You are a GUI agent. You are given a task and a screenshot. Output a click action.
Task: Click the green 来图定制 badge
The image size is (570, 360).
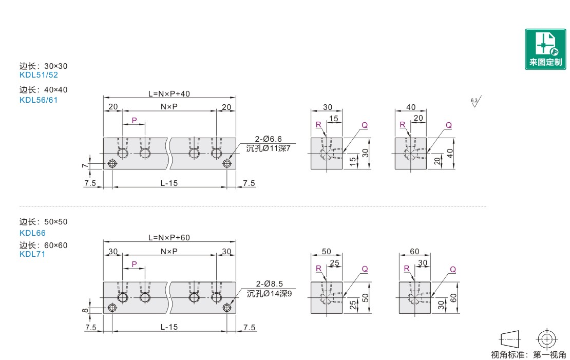tap(545, 49)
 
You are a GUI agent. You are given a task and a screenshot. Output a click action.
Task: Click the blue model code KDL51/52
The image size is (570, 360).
tap(39, 75)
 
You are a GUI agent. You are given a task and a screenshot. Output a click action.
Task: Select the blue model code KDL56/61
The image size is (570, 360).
tap(39, 100)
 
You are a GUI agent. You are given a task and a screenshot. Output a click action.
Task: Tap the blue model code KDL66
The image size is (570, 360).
tap(32, 233)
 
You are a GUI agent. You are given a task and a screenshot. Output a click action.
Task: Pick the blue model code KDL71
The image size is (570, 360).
tap(32, 254)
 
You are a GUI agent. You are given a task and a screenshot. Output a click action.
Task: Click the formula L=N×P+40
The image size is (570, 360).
tap(169, 94)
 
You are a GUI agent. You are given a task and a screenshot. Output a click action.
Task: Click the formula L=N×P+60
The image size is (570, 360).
tap(169, 238)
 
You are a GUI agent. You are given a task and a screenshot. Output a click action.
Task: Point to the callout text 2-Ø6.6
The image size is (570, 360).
tap(268, 139)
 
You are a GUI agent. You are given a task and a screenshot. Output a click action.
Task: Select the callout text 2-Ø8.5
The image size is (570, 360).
tap(269, 283)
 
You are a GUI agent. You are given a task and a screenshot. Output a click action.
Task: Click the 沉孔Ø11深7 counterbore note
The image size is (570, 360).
tap(268, 148)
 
